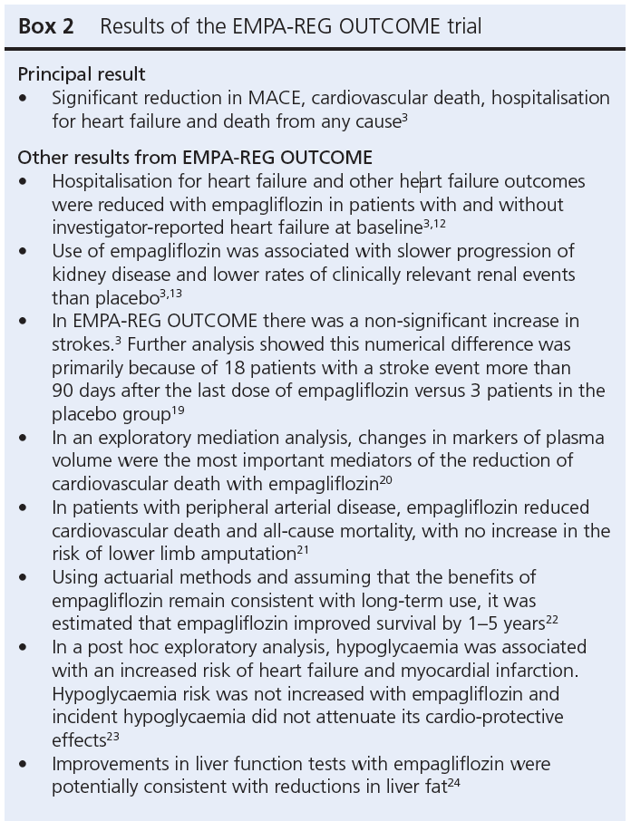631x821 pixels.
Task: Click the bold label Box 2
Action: pos(46,26)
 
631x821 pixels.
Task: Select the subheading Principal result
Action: pos(82,74)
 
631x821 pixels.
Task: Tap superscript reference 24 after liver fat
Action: pos(464,782)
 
